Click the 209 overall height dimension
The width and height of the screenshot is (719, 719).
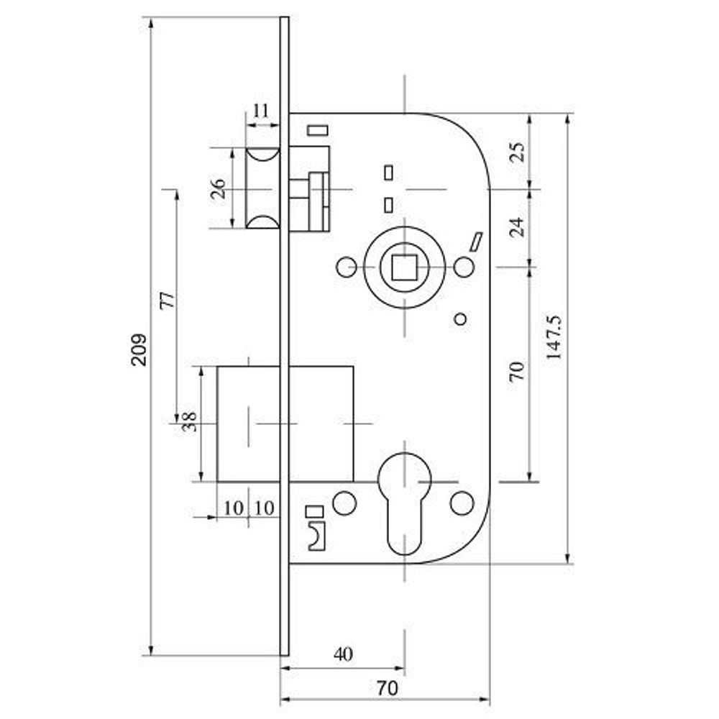pyautogui.click(x=139, y=349)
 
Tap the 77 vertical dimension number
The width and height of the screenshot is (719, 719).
pyautogui.click(x=168, y=301)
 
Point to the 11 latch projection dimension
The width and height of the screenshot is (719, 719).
pyautogui.click(x=261, y=111)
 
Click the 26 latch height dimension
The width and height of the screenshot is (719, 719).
pyautogui.click(x=219, y=188)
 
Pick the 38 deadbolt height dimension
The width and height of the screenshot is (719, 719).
pyautogui.click(x=189, y=422)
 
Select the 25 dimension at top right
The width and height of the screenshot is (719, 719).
pyautogui.click(x=517, y=152)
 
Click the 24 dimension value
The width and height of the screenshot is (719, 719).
pyautogui.click(x=517, y=226)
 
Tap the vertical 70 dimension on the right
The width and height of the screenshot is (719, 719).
pyautogui.click(x=517, y=371)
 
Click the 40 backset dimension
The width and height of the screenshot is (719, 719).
pyautogui.click(x=344, y=654)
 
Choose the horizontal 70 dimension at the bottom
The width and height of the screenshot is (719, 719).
pyautogui.click(x=387, y=688)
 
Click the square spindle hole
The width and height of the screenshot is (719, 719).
pyautogui.click(x=404, y=267)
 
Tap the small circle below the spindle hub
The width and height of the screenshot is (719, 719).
pyautogui.click(x=460, y=319)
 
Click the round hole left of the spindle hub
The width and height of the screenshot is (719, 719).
pyautogui.click(x=347, y=267)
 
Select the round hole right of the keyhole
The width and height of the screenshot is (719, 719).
pyautogui.click(x=462, y=503)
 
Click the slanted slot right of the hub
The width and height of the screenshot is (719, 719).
pyautogui.click(x=476, y=242)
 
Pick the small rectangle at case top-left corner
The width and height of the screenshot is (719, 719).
pyautogui.click(x=317, y=129)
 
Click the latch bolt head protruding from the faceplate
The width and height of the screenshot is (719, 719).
pyautogui.click(x=262, y=188)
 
